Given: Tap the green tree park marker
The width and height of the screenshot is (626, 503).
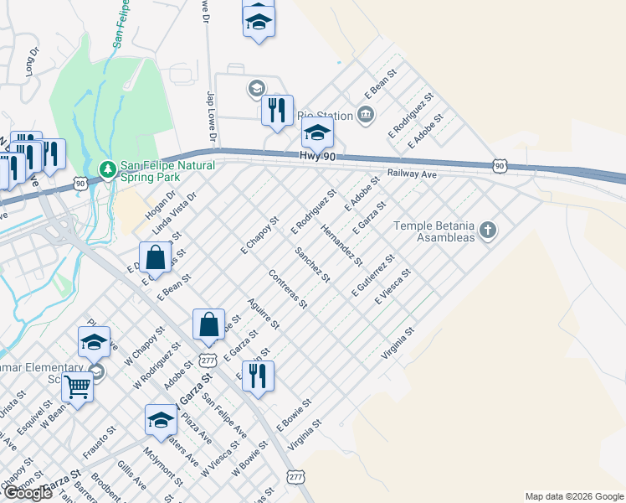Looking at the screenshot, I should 106,169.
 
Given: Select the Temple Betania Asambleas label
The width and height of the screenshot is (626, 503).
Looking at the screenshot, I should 434,231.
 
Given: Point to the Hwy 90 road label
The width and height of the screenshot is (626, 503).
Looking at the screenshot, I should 318,157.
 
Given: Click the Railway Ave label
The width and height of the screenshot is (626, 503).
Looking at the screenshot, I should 413,174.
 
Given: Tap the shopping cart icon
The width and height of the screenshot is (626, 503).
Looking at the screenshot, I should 77,388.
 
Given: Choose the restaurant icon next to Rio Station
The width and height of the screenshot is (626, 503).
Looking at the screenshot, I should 275,110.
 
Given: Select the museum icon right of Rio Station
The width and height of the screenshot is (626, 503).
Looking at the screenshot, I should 366,114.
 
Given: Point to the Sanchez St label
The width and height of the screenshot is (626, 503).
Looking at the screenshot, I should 312,264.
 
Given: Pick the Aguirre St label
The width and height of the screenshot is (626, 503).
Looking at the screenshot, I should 264,313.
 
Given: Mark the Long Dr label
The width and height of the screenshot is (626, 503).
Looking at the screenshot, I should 33,62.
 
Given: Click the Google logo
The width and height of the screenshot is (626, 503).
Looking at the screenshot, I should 28,493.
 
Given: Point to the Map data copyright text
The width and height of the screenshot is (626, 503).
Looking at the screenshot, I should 574,496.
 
